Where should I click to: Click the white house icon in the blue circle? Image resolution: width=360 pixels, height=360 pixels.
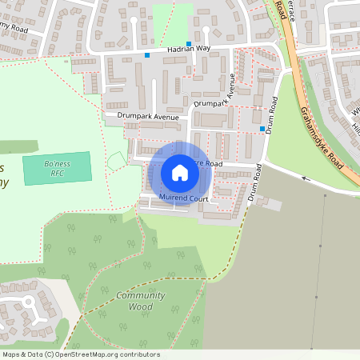point(180,173)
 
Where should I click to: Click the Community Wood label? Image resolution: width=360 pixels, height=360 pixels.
point(140,301)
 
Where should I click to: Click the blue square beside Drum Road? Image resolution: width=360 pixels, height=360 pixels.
point(262,129)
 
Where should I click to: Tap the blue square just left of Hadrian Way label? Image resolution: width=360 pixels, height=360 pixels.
point(147,55)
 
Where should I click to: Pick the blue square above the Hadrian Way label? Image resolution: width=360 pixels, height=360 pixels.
point(189,44)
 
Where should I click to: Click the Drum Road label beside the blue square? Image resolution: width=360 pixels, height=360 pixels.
point(272,114)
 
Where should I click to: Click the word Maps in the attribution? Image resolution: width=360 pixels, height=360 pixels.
point(11,354)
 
